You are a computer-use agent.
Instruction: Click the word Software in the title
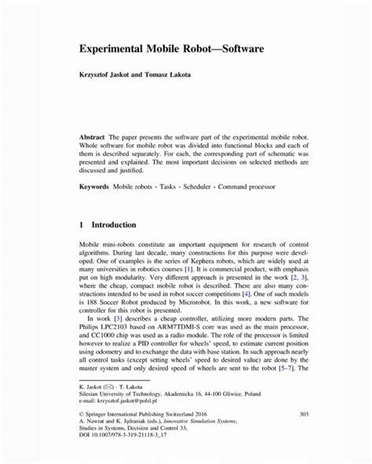click(234, 49)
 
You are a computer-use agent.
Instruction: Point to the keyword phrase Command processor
click(253, 187)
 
